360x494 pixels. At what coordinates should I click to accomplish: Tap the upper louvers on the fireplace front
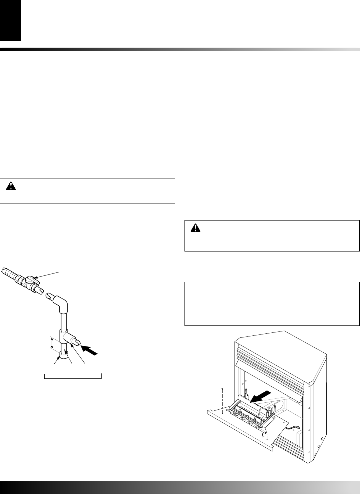270,353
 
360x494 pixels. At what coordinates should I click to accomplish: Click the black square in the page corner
10,20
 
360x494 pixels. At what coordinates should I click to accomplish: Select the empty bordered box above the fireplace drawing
272,303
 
